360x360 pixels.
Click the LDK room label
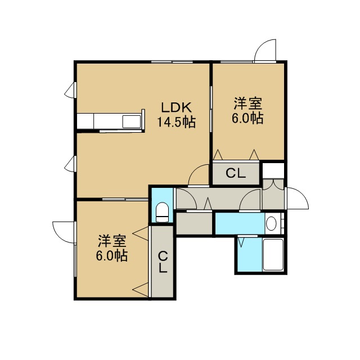coord(176,107)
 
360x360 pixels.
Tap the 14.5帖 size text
coord(176,122)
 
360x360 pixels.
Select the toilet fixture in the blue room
coord(162,212)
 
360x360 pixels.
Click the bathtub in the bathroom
coord(273,255)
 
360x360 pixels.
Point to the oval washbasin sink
coord(271,223)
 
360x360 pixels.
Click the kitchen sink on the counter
coord(132,121)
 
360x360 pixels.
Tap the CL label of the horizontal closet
coord(236,173)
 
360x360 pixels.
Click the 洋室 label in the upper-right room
coord(248,103)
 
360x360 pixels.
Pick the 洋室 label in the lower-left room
coord(112,241)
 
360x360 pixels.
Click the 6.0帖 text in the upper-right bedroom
coord(247,118)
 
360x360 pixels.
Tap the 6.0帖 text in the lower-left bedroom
coord(112,255)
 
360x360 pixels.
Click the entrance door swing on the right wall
coord(298,199)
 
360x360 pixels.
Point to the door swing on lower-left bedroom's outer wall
coord(64,232)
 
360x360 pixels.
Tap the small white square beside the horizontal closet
coord(273,170)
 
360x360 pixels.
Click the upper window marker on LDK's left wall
coord(70,90)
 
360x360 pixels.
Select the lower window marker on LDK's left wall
coord(70,164)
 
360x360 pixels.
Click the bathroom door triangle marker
coord(241,242)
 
